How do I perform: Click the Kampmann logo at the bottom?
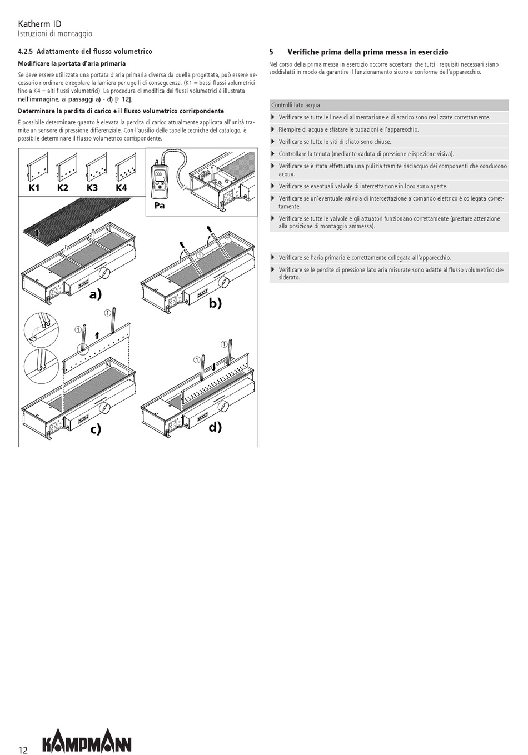87,741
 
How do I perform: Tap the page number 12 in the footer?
23,749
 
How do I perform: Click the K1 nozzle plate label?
34,188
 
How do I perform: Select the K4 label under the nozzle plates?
121,188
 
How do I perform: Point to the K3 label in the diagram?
92,188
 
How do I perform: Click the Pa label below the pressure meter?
160,205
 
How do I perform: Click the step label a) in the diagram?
96,294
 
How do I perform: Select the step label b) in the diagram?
215,303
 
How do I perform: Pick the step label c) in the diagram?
96,429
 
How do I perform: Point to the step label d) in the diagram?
215,427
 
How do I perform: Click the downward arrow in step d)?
213,366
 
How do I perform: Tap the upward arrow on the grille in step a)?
37,232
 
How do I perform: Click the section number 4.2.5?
26,52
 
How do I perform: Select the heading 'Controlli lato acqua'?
296,105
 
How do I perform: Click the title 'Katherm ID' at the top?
40,24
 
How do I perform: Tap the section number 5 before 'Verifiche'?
271,52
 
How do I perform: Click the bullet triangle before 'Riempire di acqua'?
273,129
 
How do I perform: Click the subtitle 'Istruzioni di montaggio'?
55,34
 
